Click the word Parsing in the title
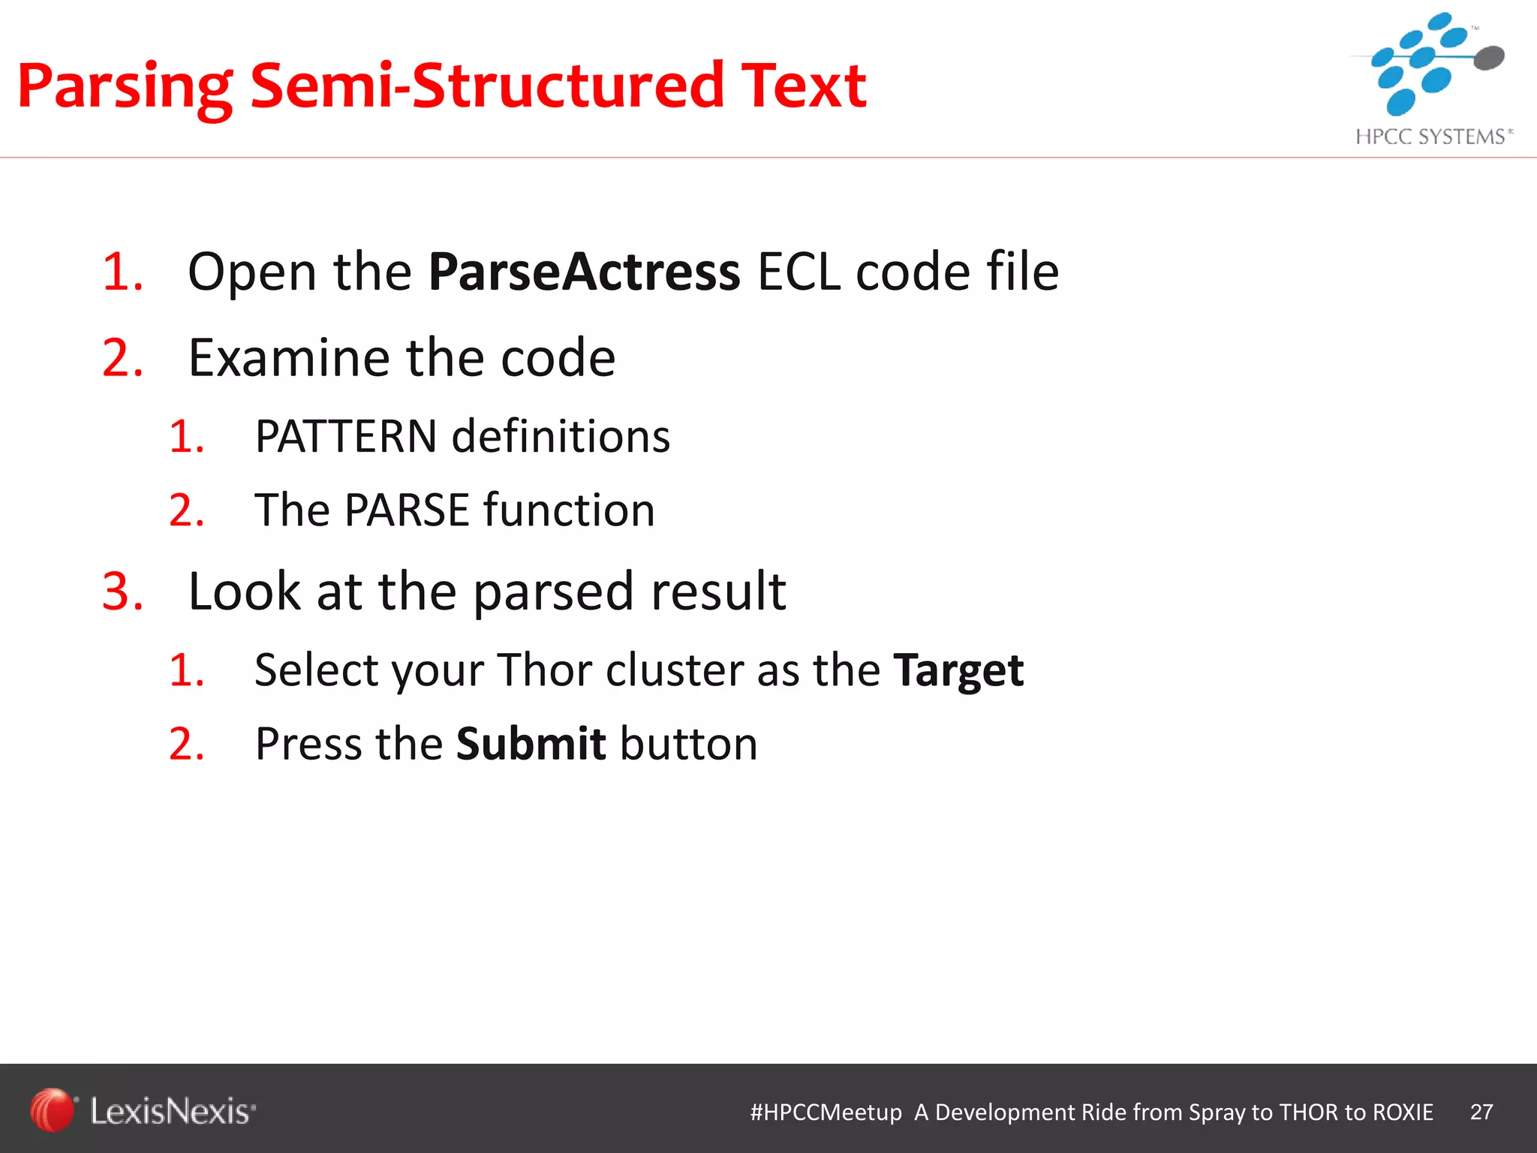coord(125,87)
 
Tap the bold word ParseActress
coord(585,272)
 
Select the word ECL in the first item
coord(799,272)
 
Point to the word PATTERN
coord(346,436)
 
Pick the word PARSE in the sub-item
coord(407,510)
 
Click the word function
coord(569,510)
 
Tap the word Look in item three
coord(244,592)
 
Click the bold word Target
coord(958,670)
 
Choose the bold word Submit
coord(531,744)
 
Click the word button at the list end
coord(689,744)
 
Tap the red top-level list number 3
coord(122,592)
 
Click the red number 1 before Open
coord(122,272)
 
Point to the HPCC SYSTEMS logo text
coord(1430,137)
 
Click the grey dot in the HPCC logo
coord(1489,57)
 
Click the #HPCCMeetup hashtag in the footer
coord(826,1112)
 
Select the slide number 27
coord(1481,1112)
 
